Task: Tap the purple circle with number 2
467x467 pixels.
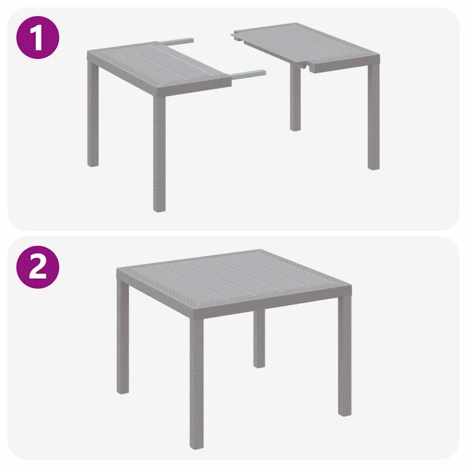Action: pos(38,267)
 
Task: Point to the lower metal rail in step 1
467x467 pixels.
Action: pos(249,73)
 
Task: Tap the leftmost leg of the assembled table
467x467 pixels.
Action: pos(123,337)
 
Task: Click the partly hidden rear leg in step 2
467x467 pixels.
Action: pos(259,337)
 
